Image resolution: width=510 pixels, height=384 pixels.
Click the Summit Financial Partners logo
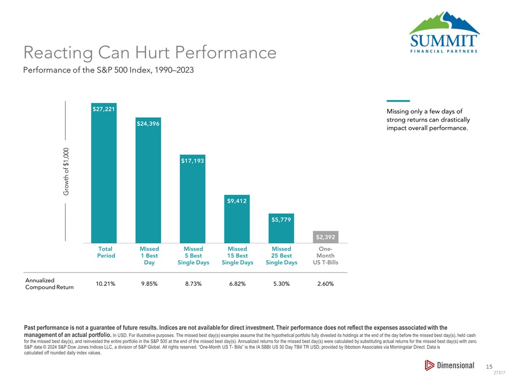pos(443,33)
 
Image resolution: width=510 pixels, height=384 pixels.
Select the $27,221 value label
pos(103,109)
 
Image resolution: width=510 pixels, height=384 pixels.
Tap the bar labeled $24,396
pos(148,184)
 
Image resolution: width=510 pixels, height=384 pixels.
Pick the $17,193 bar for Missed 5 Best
pos(192,203)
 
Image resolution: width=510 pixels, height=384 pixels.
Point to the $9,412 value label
pos(237,201)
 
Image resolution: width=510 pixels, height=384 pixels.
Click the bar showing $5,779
pos(281,230)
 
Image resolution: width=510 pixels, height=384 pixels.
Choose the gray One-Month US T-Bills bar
pos(325,237)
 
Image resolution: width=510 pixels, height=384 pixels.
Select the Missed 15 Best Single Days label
pos(237,255)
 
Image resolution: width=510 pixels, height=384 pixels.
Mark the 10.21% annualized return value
pos(105,284)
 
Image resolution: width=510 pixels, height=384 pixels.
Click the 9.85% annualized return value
pos(149,284)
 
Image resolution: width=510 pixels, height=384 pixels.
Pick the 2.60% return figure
pos(325,284)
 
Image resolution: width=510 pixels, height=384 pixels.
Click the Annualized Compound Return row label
pos(49,284)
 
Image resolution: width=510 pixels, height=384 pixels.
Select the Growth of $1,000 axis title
pos(66,171)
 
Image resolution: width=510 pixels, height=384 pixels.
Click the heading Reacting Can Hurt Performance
pos(149,52)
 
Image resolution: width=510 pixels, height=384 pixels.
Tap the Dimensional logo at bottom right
pos(449,366)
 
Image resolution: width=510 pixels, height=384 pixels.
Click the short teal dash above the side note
pos(398,101)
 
